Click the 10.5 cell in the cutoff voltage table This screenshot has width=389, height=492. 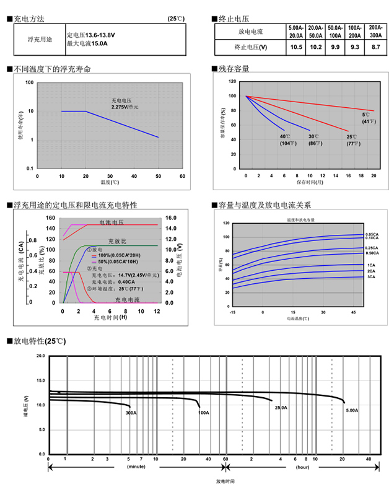[296, 47]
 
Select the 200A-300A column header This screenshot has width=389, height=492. [375, 32]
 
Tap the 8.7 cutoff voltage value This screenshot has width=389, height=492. [375, 47]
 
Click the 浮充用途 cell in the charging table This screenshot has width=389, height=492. [41, 39]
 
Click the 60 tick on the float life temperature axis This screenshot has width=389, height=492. [182, 176]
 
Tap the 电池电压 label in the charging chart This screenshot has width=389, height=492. [111, 222]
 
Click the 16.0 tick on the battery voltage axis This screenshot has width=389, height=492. [172, 218]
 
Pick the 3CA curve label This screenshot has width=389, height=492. [372, 277]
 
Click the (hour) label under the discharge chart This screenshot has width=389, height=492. [302, 467]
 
